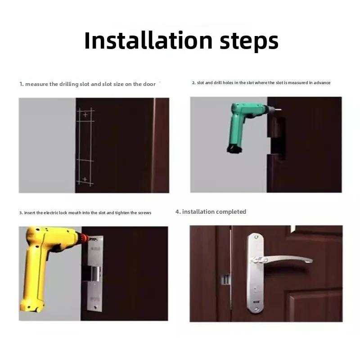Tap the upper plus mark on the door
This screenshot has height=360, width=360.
[x=85, y=115]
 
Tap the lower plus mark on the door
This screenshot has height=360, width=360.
[x=85, y=179]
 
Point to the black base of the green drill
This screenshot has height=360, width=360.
[x=234, y=149]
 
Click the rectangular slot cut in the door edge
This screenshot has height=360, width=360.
[x=277, y=138]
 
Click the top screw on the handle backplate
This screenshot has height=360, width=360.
[x=256, y=237]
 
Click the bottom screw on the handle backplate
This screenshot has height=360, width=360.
[x=256, y=310]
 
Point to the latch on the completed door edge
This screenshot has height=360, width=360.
[x=225, y=279]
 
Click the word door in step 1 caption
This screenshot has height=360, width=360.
[x=149, y=84]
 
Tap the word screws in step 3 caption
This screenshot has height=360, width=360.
[x=144, y=213]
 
